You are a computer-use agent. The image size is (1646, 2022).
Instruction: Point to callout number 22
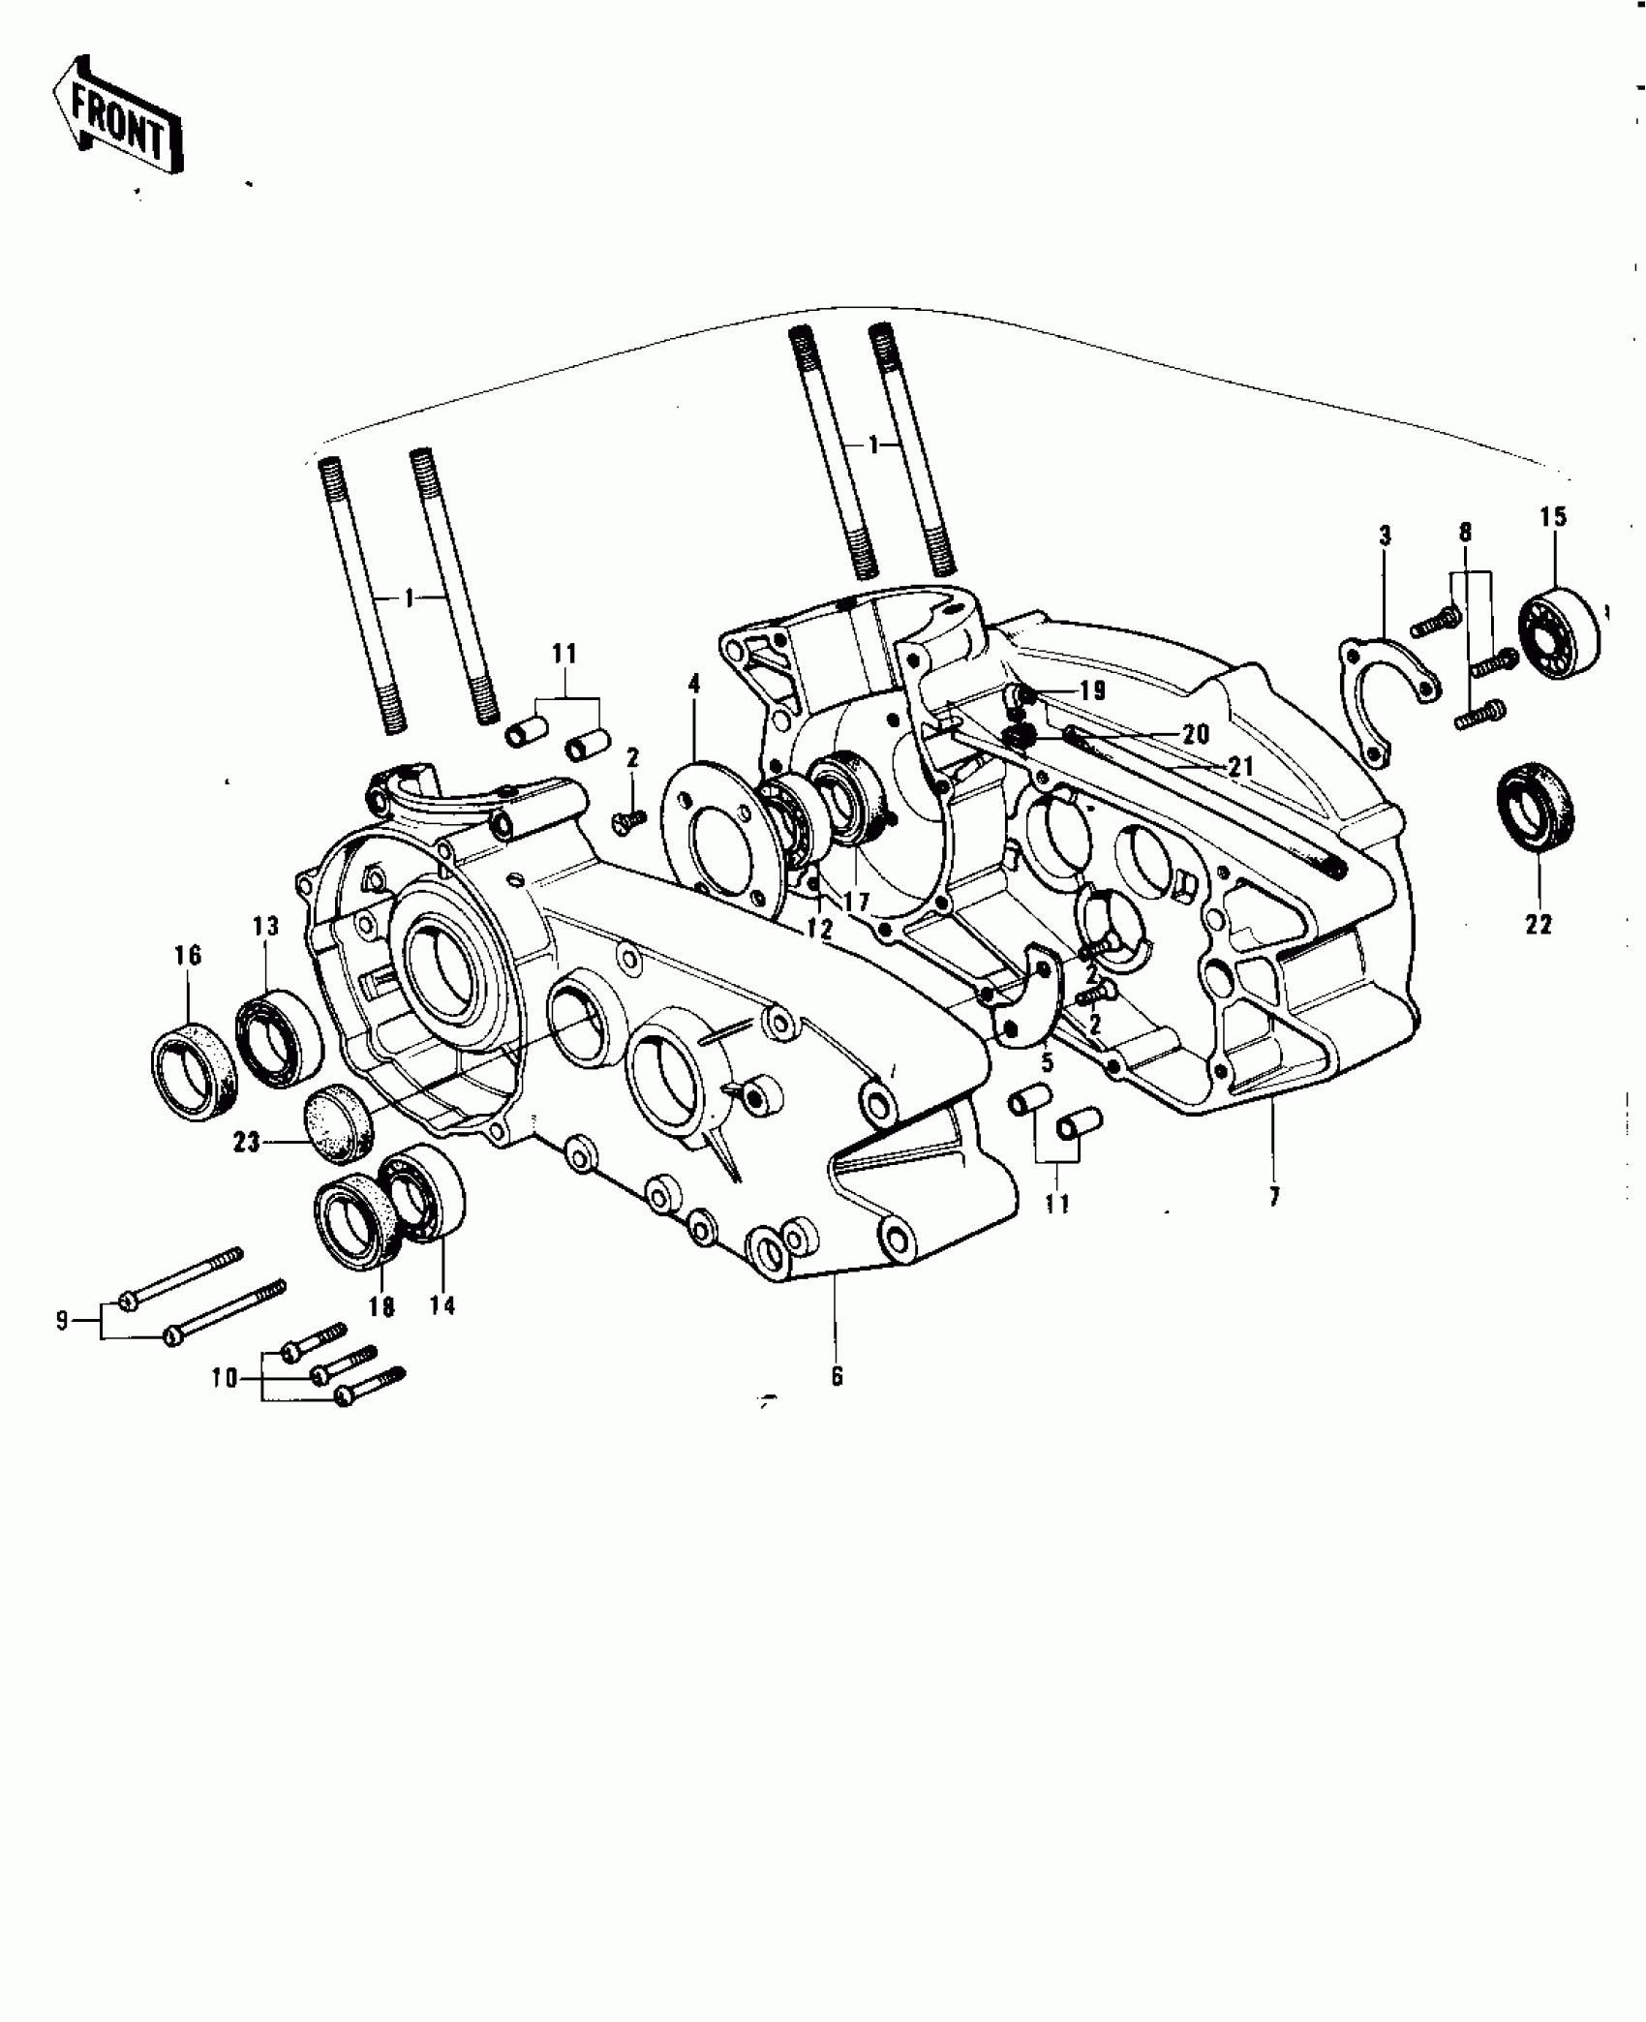pyautogui.click(x=1538, y=924)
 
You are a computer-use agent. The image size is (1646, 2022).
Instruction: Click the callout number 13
pyautogui.click(x=265, y=927)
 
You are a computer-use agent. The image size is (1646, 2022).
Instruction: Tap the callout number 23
pyautogui.click(x=246, y=1143)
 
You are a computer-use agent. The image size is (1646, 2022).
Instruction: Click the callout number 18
pyautogui.click(x=381, y=1306)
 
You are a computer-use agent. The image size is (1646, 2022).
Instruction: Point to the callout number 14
pyautogui.click(x=442, y=1305)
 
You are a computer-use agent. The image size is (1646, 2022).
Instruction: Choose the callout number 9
pyautogui.click(x=62, y=1320)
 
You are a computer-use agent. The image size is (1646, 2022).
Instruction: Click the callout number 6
pyautogui.click(x=837, y=1375)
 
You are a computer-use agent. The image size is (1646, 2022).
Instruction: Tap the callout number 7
pyautogui.click(x=1274, y=1198)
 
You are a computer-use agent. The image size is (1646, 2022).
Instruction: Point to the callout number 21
pyautogui.click(x=1240, y=767)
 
